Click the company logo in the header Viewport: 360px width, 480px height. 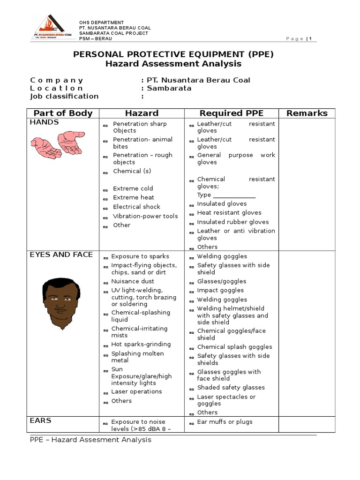(x=52, y=28)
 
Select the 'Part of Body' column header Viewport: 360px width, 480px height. (x=63, y=113)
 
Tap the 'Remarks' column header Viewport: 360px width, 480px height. (x=307, y=113)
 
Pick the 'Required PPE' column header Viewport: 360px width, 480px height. (x=232, y=113)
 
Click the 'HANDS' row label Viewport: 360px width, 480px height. (x=45, y=122)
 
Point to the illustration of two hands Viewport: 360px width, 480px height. (x=59, y=144)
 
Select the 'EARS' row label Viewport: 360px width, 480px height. (x=41, y=420)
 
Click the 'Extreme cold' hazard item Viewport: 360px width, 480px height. (x=133, y=188)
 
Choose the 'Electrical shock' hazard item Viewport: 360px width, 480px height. (x=136, y=207)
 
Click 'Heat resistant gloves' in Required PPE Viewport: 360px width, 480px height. (x=229, y=213)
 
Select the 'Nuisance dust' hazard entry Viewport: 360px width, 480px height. (x=132, y=281)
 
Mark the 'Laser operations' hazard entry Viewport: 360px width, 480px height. (x=136, y=391)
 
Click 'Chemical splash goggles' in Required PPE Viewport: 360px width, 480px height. (x=234, y=347)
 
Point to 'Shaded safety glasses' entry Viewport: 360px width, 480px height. (x=231, y=387)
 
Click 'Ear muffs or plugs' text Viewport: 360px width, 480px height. (x=225, y=421)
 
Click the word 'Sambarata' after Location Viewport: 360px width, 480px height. (x=169, y=88)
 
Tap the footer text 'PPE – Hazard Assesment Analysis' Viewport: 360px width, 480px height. (x=90, y=440)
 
